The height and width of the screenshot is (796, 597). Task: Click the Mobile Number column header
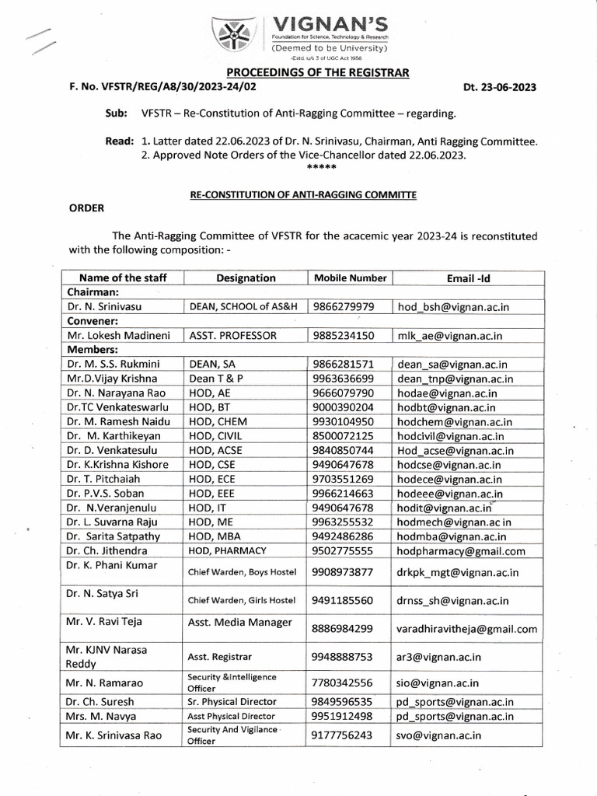350,278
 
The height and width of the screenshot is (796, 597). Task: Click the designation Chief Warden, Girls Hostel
243,600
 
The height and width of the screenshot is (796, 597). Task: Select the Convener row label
93,321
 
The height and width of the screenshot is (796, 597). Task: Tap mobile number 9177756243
343,735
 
